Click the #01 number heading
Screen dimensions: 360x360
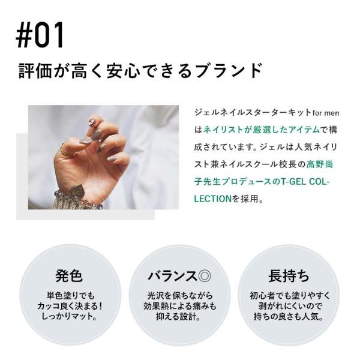(x=40, y=35)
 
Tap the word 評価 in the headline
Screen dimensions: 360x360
(x=35, y=70)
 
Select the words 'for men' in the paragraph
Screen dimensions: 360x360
(x=326, y=113)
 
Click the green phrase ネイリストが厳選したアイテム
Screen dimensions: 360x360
(x=262, y=130)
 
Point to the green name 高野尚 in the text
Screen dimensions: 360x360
(x=320, y=164)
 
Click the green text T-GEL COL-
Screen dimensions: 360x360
(x=306, y=182)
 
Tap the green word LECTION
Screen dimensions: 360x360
(x=212, y=199)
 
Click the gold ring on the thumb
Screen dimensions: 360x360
(x=66, y=152)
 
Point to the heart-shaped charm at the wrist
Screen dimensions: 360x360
(x=77, y=193)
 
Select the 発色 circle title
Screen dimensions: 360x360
(x=69, y=275)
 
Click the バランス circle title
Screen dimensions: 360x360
(x=172, y=276)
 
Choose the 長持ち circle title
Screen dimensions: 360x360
(x=289, y=275)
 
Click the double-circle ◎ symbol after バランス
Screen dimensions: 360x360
(x=204, y=276)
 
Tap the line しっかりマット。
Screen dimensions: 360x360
(x=69, y=317)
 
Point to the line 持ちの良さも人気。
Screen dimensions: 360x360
(x=289, y=317)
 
